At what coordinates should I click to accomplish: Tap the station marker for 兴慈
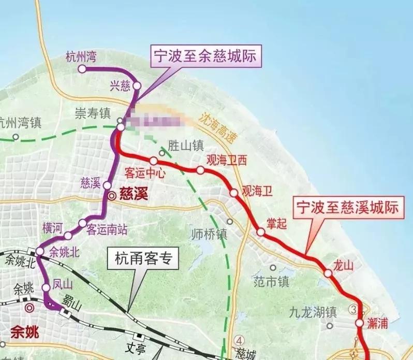[137, 85]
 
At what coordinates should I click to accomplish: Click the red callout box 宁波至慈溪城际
[347, 207]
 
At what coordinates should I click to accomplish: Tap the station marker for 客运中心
[154, 161]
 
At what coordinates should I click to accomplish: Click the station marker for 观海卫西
[200, 170]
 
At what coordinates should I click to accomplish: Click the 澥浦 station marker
[359, 323]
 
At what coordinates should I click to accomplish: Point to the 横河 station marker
[68, 237]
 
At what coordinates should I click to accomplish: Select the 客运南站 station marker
[83, 223]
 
